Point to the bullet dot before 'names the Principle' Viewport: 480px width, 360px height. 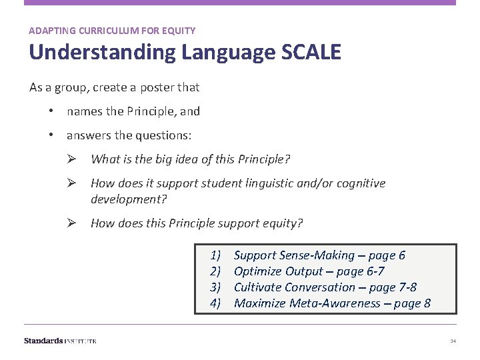pyautogui.click(x=51, y=111)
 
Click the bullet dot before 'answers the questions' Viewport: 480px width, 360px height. pyautogui.click(x=51, y=135)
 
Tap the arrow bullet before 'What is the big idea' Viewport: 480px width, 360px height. pyautogui.click(x=76, y=159)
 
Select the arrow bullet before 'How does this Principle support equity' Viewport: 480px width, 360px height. pyautogui.click(x=76, y=223)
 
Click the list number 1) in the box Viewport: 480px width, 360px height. pyautogui.click(x=215, y=255)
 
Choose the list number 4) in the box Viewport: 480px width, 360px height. pyautogui.click(x=215, y=303)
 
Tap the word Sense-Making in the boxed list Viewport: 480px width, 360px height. pyautogui.click(x=317, y=255)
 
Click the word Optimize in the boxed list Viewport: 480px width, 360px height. pyautogui.click(x=258, y=271)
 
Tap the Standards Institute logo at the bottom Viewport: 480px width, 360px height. pyautogui.click(x=60, y=341)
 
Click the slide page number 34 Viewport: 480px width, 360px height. pyautogui.click(x=453, y=341)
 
